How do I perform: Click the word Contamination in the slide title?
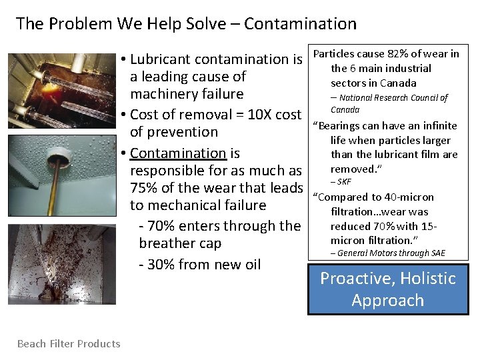click(300, 24)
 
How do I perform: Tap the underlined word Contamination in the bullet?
click(178, 153)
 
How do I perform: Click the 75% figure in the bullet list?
click(147, 188)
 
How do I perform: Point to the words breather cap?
click(180, 243)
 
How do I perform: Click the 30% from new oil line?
click(199, 264)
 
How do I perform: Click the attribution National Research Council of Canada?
click(389, 103)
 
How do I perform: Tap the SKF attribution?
click(344, 182)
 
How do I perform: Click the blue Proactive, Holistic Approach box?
click(388, 289)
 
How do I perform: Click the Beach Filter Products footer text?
click(69, 344)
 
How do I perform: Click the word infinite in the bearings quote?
click(435, 126)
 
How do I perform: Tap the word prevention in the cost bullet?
click(174, 132)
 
